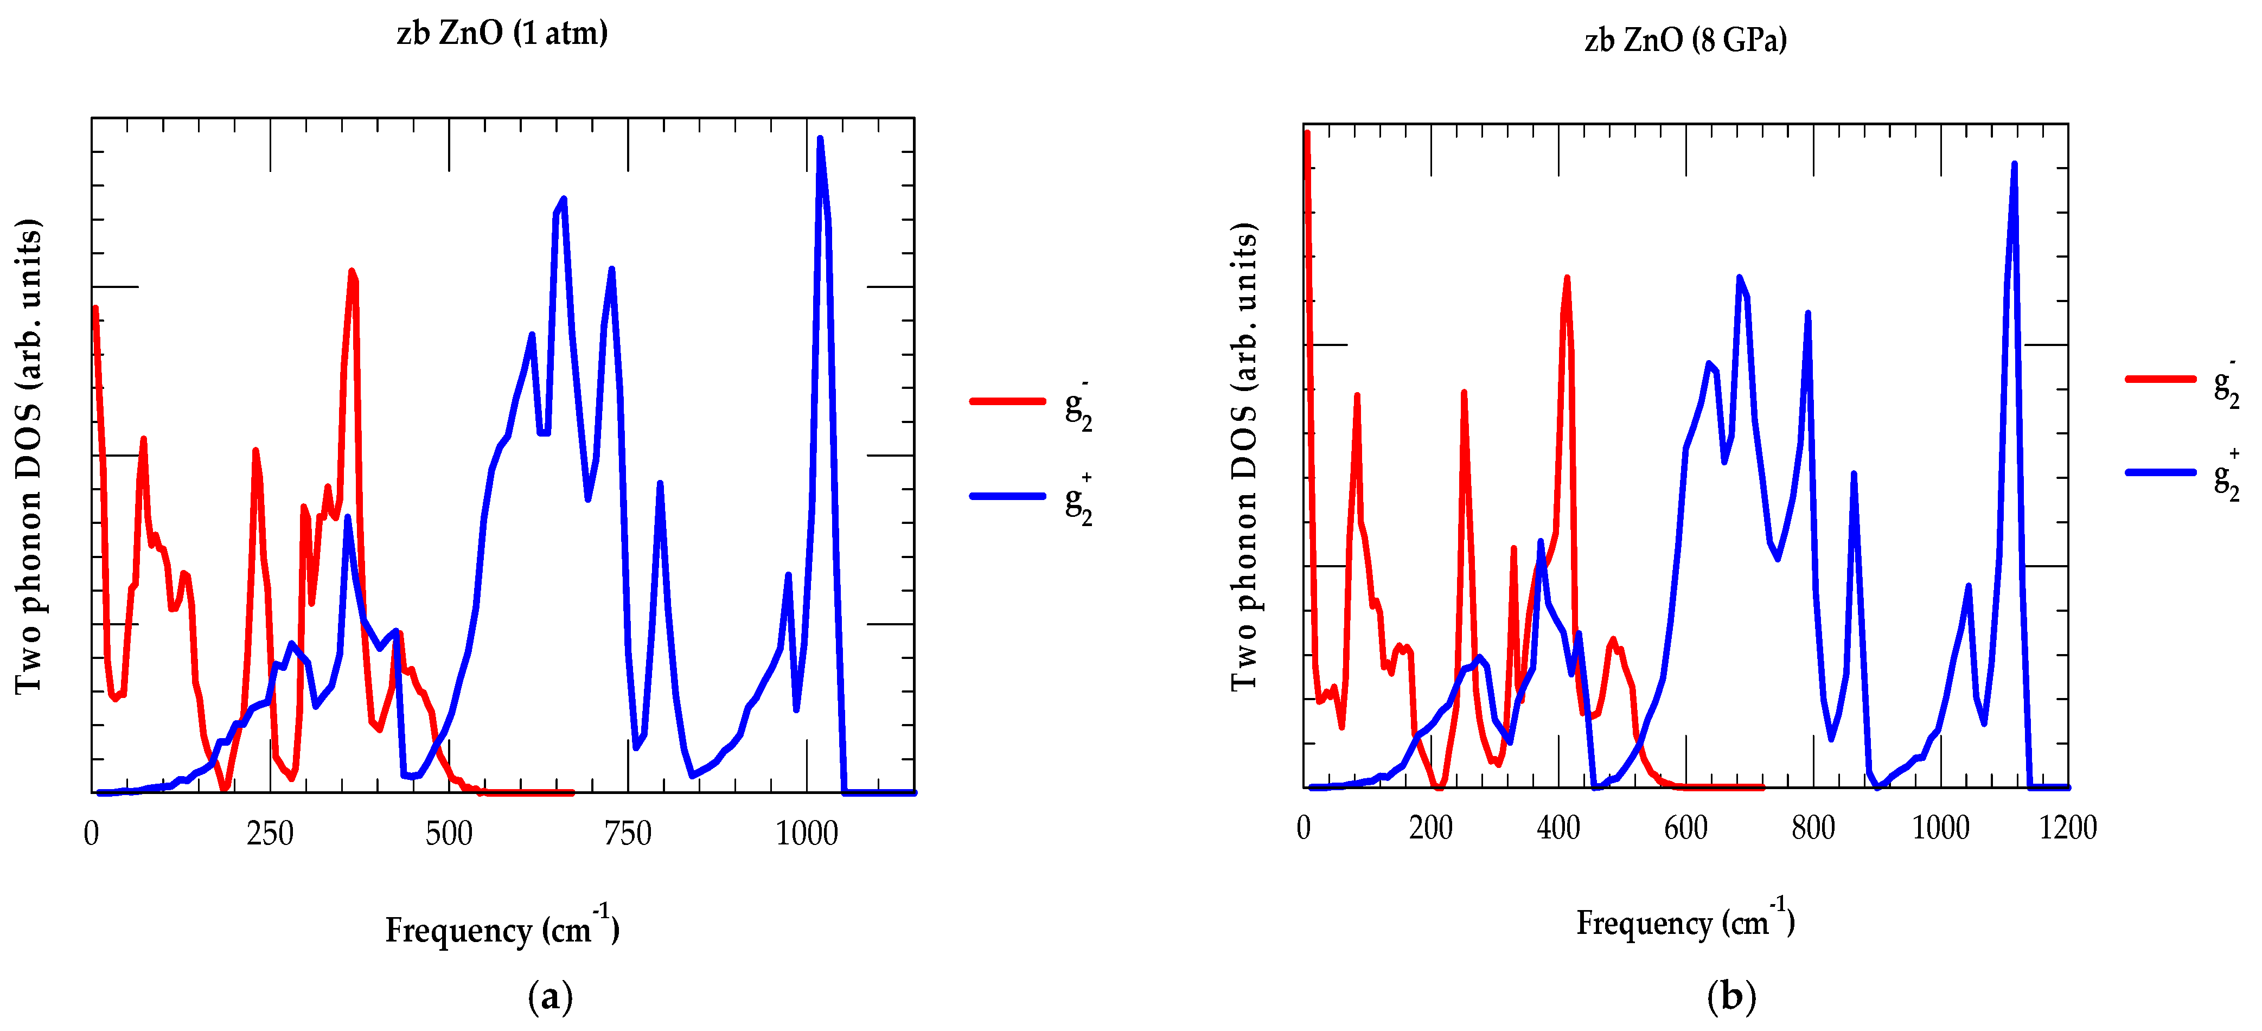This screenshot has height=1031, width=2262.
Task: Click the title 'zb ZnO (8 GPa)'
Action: coord(1685,40)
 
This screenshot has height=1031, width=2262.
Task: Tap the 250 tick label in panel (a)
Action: coord(270,833)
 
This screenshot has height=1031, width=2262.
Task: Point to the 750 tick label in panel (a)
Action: coord(628,833)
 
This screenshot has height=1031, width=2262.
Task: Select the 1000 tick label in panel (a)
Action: coord(806,833)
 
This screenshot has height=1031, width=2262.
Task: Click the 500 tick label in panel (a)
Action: coord(449,833)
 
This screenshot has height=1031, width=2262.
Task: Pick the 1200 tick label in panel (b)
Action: coord(2067,827)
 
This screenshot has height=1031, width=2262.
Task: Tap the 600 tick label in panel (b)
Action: coord(1685,827)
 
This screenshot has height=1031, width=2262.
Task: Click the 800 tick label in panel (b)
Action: coord(1812,827)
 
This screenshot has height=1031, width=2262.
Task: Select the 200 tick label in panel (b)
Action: coord(1430,827)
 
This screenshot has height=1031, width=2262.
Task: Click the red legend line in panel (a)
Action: coord(1007,401)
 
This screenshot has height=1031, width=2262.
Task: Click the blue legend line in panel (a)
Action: coord(1007,496)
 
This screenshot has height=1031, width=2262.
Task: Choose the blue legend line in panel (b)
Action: coord(2160,472)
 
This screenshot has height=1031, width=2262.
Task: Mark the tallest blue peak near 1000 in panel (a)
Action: coord(819,139)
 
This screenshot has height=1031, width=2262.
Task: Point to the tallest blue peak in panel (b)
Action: coord(2014,164)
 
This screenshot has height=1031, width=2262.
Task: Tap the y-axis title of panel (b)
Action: coord(1244,457)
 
